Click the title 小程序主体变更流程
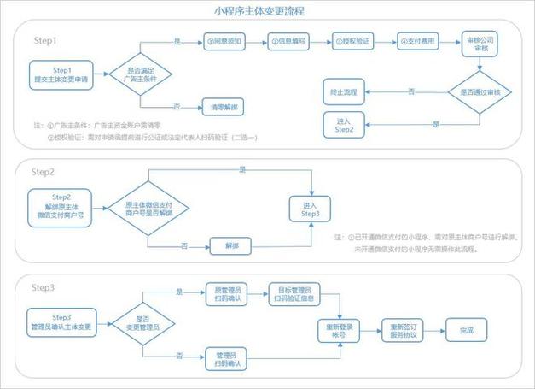(267, 11)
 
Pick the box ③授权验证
(351, 40)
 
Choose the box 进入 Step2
(345, 125)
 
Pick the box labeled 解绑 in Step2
(233, 245)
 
